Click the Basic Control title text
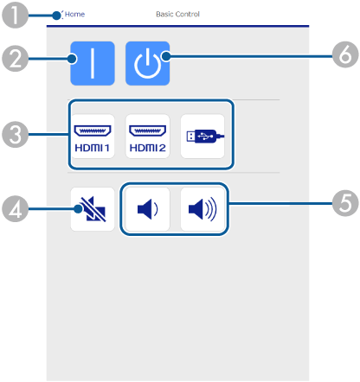[x=177, y=14]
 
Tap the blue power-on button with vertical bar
[x=93, y=63]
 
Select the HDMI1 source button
[x=93, y=137]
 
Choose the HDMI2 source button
[x=147, y=137]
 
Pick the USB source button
[x=202, y=137]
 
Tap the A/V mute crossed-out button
[x=93, y=209]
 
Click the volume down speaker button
[x=147, y=209]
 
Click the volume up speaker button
[x=202, y=209]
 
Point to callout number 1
[x=15, y=15]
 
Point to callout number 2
[x=15, y=59]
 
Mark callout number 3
[x=15, y=134]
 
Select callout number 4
[x=15, y=208]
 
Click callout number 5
[x=345, y=203]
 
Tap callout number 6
[x=345, y=54]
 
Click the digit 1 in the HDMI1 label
[x=106, y=148]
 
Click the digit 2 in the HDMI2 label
[x=162, y=148]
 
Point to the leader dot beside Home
[x=57, y=16]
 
